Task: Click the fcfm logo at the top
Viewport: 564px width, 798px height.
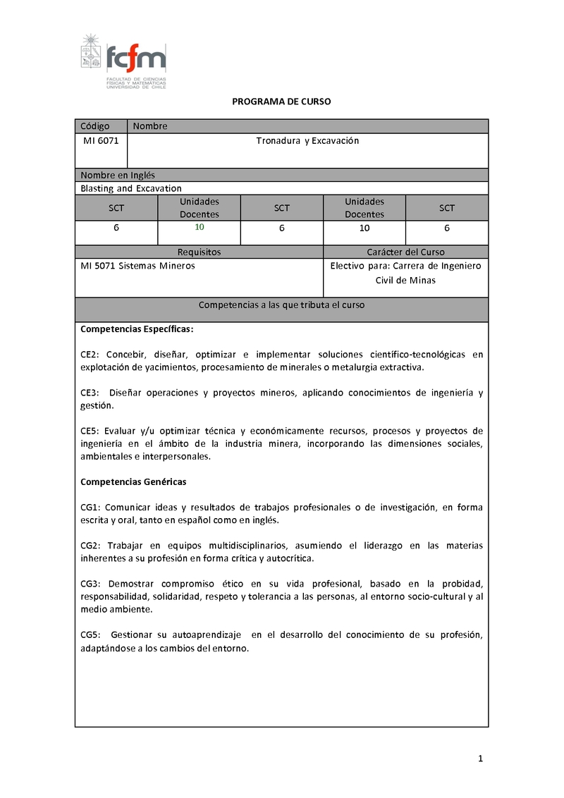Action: (x=123, y=61)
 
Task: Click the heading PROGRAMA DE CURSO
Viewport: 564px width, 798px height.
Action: (x=281, y=102)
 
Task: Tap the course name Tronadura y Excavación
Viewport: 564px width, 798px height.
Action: (x=307, y=141)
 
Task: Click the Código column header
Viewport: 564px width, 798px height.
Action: (x=95, y=126)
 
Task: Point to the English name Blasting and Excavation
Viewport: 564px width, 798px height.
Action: (x=131, y=188)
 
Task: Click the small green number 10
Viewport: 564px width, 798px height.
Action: (x=199, y=227)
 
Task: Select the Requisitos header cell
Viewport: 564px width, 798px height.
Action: (x=199, y=252)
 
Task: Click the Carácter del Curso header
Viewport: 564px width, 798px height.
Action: (x=405, y=252)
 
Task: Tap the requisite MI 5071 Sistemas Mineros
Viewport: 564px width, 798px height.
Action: (x=137, y=266)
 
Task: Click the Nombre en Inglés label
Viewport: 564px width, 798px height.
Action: (x=118, y=175)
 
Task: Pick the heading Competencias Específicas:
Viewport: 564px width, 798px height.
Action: (x=137, y=329)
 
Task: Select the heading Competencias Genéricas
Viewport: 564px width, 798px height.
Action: (x=133, y=481)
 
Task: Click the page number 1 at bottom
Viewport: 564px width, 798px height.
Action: (x=480, y=759)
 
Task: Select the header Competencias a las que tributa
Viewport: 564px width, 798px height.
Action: (x=281, y=305)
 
